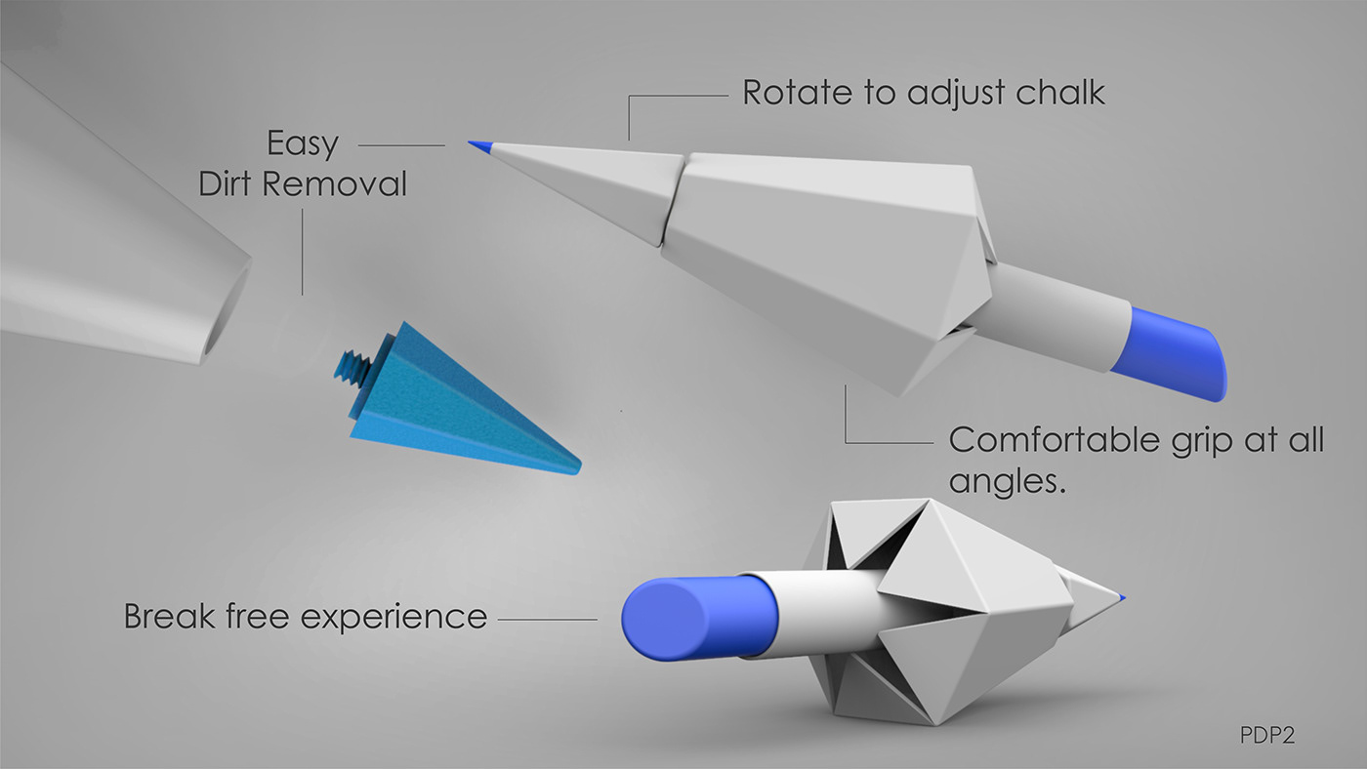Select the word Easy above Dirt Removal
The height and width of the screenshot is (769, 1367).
coord(303,144)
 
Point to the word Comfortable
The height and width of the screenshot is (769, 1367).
coord(1054,440)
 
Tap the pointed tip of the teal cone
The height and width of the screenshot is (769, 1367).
coord(574,466)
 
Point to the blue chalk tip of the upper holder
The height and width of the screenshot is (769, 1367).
coord(478,146)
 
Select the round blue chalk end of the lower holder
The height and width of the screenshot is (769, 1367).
coord(669,617)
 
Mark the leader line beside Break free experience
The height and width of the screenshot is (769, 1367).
coord(547,619)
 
